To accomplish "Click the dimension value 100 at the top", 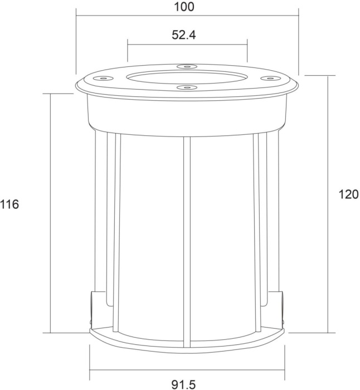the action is click(184, 7).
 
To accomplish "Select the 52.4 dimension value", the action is click(183, 35).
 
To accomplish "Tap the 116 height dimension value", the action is click(9, 204).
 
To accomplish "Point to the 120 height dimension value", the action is click(348, 194).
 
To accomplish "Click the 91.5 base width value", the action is click(183, 384).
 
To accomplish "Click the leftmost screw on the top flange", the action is click(103, 78).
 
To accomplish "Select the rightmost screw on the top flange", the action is click(270, 79).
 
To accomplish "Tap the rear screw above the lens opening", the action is click(187, 66).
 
